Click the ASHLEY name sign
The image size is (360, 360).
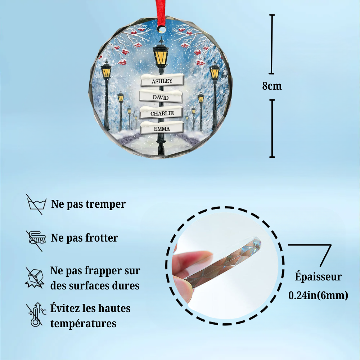162,81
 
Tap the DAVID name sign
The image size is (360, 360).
161,96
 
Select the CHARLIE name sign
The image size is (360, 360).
162,113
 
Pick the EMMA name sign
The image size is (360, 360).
162,128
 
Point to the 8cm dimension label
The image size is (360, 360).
272,86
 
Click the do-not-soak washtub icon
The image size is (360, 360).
35,204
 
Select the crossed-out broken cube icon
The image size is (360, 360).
35,277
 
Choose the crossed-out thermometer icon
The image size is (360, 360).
35,315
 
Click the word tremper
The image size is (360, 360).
106,204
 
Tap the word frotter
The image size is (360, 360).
102,238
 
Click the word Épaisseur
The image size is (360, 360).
318,277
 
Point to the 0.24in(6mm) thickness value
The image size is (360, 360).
318,296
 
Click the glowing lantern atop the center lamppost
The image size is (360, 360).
161,55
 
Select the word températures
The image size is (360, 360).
83,323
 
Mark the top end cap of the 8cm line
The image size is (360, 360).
272,15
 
